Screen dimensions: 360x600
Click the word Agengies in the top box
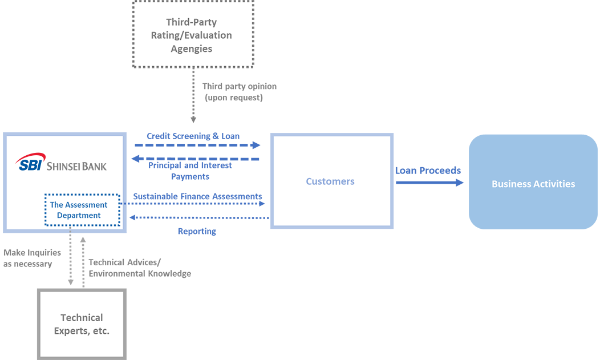pyautogui.click(x=192, y=48)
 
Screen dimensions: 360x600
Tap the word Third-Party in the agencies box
pyautogui.click(x=192, y=22)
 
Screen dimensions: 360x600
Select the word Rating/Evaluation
pyautogui.click(x=192, y=35)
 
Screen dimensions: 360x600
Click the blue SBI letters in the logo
pyautogui.click(x=29, y=166)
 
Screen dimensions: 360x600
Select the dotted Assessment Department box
pyautogui.click(x=79, y=210)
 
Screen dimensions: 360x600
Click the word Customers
pyautogui.click(x=330, y=181)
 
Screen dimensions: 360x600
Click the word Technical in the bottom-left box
pyautogui.click(x=82, y=318)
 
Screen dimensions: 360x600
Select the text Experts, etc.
pyautogui.click(x=82, y=331)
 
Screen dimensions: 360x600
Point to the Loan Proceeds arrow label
pyautogui.click(x=429, y=172)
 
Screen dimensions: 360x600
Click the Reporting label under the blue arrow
pyautogui.click(x=197, y=232)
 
